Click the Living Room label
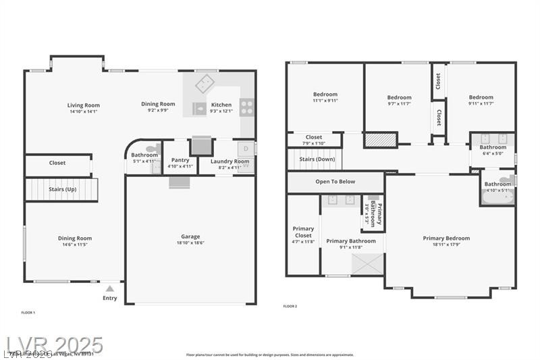coord(84,105)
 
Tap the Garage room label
coord(190,236)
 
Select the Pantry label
coord(180,160)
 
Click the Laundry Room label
coord(230,161)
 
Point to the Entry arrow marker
coord(109,288)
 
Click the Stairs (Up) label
coord(61,189)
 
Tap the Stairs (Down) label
coord(317,159)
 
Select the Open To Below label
coord(335,182)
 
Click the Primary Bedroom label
coord(446,238)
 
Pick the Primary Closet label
coord(303,232)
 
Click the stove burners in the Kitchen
coord(247,106)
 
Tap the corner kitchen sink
coord(204,85)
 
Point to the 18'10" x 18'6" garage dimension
coord(190,242)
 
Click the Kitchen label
coord(221,105)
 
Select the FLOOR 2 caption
coord(290,306)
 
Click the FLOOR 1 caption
coord(28,312)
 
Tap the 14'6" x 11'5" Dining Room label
coord(74,238)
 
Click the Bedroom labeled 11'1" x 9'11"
coord(325,94)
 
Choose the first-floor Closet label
coord(57,163)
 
